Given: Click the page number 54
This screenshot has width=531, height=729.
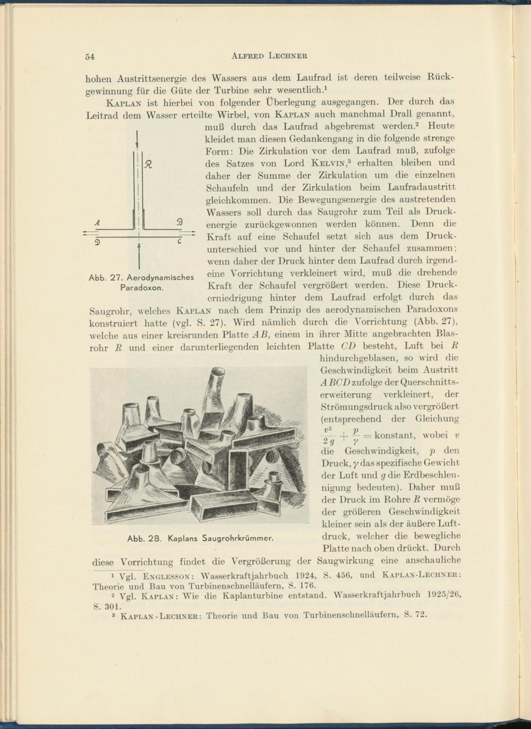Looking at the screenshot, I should click(90, 56).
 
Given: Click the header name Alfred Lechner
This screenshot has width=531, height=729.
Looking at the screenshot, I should click(269, 56).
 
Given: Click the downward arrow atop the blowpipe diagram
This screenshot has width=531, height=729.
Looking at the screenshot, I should click(138, 142).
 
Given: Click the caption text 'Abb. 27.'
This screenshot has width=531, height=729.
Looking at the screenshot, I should click(106, 278).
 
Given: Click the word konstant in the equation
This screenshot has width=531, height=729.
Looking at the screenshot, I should click(394, 435).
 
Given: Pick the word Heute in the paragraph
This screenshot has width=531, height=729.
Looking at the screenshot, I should click(441, 126).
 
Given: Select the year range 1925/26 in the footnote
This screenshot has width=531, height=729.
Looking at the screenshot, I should click(442, 595).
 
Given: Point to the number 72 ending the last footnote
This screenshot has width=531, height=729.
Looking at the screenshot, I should click(420, 615).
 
